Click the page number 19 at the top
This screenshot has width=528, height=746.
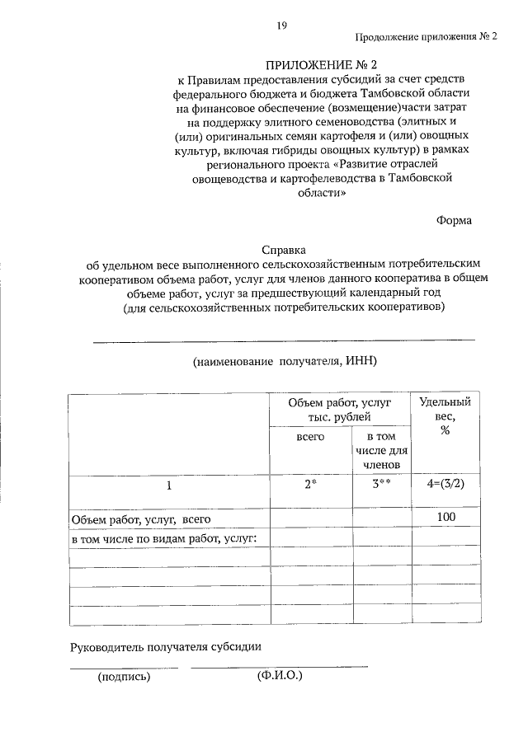click(282, 26)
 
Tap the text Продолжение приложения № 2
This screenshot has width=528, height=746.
click(427, 38)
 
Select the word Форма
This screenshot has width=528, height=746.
click(455, 220)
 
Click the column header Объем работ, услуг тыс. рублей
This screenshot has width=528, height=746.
click(339, 409)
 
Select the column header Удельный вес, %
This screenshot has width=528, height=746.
click(445, 417)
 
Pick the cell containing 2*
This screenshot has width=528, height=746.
click(310, 485)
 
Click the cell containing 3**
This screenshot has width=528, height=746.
click(382, 485)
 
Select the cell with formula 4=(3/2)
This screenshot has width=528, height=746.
click(445, 484)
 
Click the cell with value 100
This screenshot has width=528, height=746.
click(445, 517)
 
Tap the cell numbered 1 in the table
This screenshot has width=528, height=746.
click(169, 486)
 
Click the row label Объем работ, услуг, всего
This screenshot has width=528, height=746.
click(142, 519)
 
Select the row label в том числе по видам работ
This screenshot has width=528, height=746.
click(165, 538)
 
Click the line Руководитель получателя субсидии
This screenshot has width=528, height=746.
click(166, 646)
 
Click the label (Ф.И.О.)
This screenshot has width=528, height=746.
click(280, 675)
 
